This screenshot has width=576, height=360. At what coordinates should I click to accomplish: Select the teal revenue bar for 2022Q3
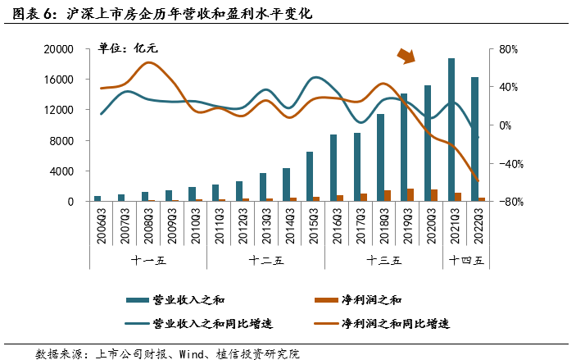[x=474, y=139]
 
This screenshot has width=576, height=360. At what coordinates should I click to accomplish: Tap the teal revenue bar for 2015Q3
[x=309, y=176]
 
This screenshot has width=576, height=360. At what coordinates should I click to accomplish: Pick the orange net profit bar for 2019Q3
[x=410, y=194]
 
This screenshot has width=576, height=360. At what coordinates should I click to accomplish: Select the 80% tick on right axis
[x=509, y=49]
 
